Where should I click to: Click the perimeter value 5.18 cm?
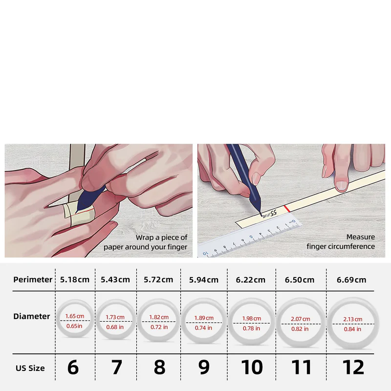point(75,280)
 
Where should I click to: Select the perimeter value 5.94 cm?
point(203,280)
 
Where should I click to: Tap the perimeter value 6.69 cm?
point(351,280)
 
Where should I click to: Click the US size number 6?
point(73,368)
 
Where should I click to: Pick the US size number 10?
point(252,368)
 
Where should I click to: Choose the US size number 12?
point(353,368)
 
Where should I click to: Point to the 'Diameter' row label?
point(32,316)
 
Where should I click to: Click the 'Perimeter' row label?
point(33,280)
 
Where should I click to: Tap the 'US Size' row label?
point(30,369)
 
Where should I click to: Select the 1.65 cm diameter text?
point(75,316)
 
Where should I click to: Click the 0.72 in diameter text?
point(159,327)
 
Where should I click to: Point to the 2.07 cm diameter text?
point(300,319)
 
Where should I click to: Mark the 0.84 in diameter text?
point(352,329)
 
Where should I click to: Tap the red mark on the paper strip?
point(287,209)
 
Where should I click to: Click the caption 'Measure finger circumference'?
point(341,241)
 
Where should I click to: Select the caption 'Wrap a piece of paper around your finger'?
point(145,242)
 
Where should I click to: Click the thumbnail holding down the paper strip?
point(341,186)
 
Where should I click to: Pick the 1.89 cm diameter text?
point(204,318)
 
